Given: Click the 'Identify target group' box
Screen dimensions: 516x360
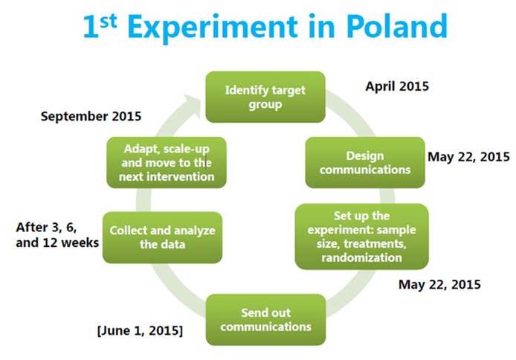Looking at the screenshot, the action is tap(265, 97).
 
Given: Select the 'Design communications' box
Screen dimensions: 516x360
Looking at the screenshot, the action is tap(365, 163).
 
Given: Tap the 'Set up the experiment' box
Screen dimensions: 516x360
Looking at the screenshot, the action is tap(361, 237).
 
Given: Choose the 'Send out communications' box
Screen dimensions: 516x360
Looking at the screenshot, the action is tap(266, 320).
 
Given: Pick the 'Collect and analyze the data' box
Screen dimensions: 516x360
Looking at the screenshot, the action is tap(162, 237).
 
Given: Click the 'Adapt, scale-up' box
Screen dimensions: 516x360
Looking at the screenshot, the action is tap(167, 163).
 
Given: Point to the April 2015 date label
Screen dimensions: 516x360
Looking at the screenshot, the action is tap(397, 86).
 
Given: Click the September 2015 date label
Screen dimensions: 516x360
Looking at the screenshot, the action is tap(91, 116).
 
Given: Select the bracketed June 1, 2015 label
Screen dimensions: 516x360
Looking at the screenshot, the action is tap(140, 330).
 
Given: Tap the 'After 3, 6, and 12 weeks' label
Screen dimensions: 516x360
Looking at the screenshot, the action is tap(57, 234).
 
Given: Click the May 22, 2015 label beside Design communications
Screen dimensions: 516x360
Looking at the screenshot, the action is tap(468, 157).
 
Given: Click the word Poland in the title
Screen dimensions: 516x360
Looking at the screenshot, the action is tap(397, 26).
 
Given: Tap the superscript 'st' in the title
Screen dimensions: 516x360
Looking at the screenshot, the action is tap(109, 21).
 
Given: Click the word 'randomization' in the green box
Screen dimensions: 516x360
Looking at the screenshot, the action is tap(361, 257).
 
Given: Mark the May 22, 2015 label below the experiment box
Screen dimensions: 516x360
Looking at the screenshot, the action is tap(439, 284).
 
